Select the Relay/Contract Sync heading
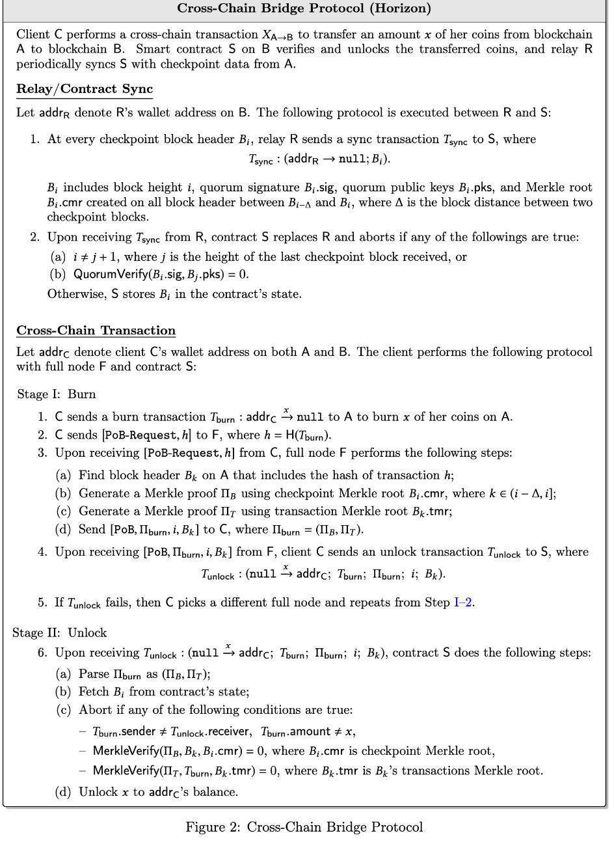coord(84,88)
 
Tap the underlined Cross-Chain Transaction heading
coord(96,330)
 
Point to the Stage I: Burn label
coord(57,394)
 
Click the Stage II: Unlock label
coord(60,632)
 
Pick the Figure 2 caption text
coord(304,827)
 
